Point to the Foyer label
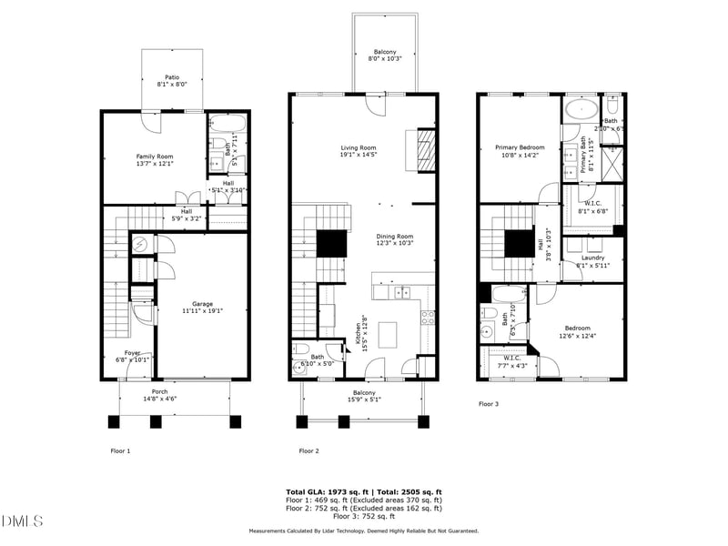(133, 356)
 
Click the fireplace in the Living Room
(426, 146)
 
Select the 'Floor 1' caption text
(120, 450)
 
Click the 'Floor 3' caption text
(490, 403)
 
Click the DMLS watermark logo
(23, 521)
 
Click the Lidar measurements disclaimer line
(364, 531)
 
